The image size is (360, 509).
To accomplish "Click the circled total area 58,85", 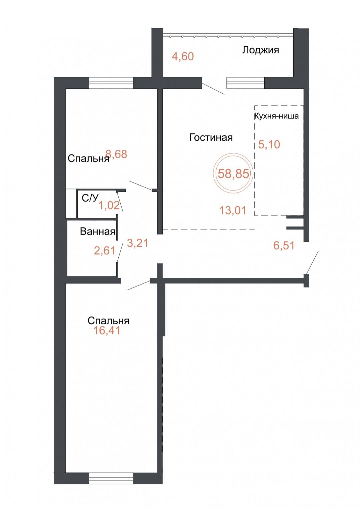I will [x=233, y=173].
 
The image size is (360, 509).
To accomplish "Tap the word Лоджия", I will [x=260, y=50].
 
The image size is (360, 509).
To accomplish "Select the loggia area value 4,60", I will [x=183, y=56].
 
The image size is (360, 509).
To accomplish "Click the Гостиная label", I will [x=211, y=137].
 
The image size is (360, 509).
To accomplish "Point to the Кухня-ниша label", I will [x=276, y=116].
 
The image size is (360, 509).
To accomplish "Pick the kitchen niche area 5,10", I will [x=269, y=144].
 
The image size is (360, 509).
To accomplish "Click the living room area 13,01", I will [x=233, y=210].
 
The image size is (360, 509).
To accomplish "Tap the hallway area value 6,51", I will [x=284, y=245].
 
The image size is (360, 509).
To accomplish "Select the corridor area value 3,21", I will [x=137, y=243].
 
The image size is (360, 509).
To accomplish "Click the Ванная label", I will [x=97, y=231].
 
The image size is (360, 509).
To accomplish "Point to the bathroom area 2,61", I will [x=105, y=250].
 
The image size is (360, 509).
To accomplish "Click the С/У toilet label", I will [x=90, y=198].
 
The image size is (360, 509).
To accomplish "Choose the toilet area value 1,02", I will [x=109, y=205].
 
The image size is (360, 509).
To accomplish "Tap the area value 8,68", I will [x=116, y=154].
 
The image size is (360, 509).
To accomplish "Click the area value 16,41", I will [x=107, y=330].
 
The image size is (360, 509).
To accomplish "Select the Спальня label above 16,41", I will [x=108, y=321].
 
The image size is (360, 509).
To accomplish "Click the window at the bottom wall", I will [x=111, y=478].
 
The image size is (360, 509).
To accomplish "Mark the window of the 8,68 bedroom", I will [x=111, y=83].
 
